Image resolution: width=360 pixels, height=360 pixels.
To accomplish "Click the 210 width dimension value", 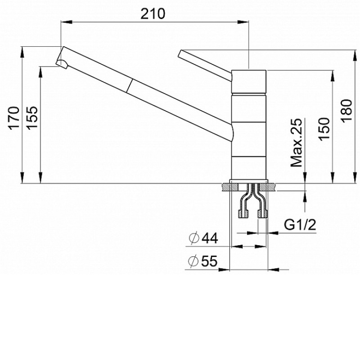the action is [x=153, y=13].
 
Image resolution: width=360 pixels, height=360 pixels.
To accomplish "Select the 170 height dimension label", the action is [x=14, y=118].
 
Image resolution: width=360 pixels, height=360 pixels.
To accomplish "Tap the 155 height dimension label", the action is [x=31, y=118].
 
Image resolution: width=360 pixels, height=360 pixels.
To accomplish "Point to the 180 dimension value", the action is [x=346, y=111].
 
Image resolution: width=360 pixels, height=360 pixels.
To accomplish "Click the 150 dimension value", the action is [x=324, y=129].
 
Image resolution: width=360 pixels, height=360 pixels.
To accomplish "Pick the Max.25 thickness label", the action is [x=297, y=143].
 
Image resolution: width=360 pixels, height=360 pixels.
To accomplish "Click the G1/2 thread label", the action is [x=300, y=225].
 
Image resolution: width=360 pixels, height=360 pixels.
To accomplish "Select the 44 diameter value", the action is [x=210, y=238].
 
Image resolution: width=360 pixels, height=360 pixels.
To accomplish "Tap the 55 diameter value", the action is [x=209, y=261].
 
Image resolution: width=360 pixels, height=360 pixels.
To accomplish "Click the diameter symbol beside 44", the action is [x=194, y=238].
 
